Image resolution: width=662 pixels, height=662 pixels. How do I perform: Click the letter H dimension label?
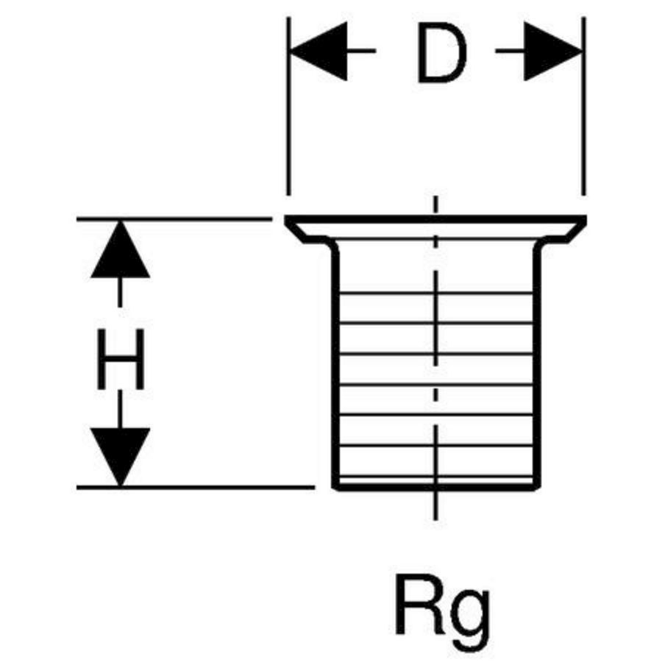point(121,359)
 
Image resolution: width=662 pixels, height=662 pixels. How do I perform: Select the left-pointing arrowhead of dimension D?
point(318,51)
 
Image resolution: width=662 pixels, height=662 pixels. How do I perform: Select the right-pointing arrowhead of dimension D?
point(553,51)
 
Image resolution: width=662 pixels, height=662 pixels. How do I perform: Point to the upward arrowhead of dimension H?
point(121,249)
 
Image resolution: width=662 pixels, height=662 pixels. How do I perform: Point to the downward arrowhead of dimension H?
point(121,457)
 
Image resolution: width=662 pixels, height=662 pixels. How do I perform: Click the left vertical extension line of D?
point(288,107)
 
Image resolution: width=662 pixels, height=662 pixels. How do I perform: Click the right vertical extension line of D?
point(583,107)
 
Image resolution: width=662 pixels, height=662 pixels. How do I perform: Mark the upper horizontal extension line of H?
point(174,219)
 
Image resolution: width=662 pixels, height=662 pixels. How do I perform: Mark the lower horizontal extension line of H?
point(196,487)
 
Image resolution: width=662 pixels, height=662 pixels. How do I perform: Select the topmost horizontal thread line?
point(436,292)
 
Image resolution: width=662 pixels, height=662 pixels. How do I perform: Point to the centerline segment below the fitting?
point(435,506)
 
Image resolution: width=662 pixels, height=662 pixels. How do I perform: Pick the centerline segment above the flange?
point(435,205)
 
